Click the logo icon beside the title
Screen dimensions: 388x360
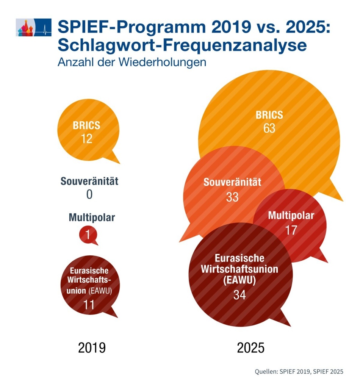click(33, 27)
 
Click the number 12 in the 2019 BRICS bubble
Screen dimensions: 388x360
click(87, 139)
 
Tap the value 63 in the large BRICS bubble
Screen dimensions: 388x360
click(269, 128)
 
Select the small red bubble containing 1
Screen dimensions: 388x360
click(88, 235)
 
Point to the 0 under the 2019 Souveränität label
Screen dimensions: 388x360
click(89, 194)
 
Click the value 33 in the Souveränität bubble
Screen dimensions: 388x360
click(232, 197)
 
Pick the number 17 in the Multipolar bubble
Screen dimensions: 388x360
click(291, 230)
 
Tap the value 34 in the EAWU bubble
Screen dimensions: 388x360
click(239, 295)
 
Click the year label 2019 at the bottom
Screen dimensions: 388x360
click(92, 347)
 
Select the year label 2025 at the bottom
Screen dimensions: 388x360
click(250, 347)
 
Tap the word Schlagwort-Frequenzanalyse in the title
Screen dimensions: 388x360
click(182, 45)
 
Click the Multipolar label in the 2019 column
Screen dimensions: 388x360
click(92, 217)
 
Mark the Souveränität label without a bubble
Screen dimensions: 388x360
click(89, 181)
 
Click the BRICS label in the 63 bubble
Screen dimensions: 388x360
click(269, 115)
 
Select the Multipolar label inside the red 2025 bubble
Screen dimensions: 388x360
click(291, 216)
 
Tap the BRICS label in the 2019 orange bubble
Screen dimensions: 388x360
click(86, 125)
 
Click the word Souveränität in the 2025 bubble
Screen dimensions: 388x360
click(232, 182)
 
